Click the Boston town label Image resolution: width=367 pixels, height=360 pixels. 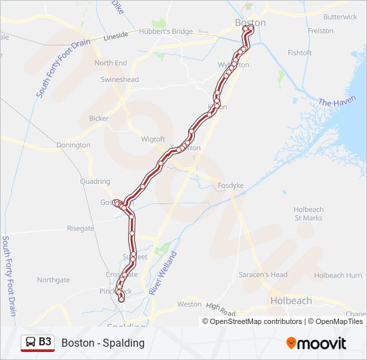pyautogui.click(x=250, y=23)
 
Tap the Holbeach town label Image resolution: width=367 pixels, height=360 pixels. pyautogui.click(x=290, y=301)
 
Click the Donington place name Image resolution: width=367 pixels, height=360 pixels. pyautogui.click(x=73, y=145)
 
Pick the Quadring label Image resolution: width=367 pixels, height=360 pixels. pyautogui.click(x=95, y=181)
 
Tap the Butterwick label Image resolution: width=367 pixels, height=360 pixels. pyautogui.click(x=340, y=17)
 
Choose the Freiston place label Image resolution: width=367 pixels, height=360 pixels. pyautogui.click(x=320, y=31)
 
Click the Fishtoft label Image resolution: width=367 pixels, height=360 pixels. pyautogui.click(x=300, y=53)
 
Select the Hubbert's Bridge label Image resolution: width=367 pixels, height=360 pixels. pyautogui.click(x=166, y=31)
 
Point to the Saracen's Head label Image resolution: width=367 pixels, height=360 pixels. pyautogui.click(x=264, y=275)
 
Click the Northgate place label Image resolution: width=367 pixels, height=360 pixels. pyautogui.click(x=53, y=280)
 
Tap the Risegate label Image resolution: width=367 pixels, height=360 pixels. pyautogui.click(x=81, y=228)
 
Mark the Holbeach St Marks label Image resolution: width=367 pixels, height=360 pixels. pyautogui.click(x=308, y=213)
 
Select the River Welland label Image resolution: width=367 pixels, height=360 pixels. pyautogui.click(x=163, y=273)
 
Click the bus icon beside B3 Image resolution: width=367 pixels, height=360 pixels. pyautogui.click(x=31, y=343)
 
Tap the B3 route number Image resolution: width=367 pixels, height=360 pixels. pyautogui.click(x=45, y=342)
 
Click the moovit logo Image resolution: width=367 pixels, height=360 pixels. pyautogui.click(x=316, y=343)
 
